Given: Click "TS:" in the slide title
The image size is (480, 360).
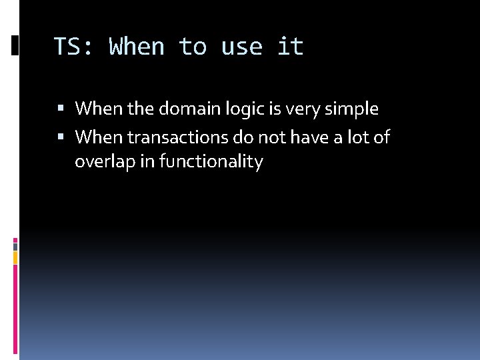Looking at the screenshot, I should (73, 47).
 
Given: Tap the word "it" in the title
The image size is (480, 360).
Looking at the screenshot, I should (290, 47).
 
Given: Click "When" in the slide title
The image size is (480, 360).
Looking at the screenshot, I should (137, 47).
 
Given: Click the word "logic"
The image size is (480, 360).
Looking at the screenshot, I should (241, 109).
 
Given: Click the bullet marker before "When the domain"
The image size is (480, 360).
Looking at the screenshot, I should (61, 109).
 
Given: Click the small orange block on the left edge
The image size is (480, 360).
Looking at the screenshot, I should (15, 257).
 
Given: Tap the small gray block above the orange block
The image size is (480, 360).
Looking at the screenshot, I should (15, 245).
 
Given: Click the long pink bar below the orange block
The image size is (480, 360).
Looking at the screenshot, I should (15, 307).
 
